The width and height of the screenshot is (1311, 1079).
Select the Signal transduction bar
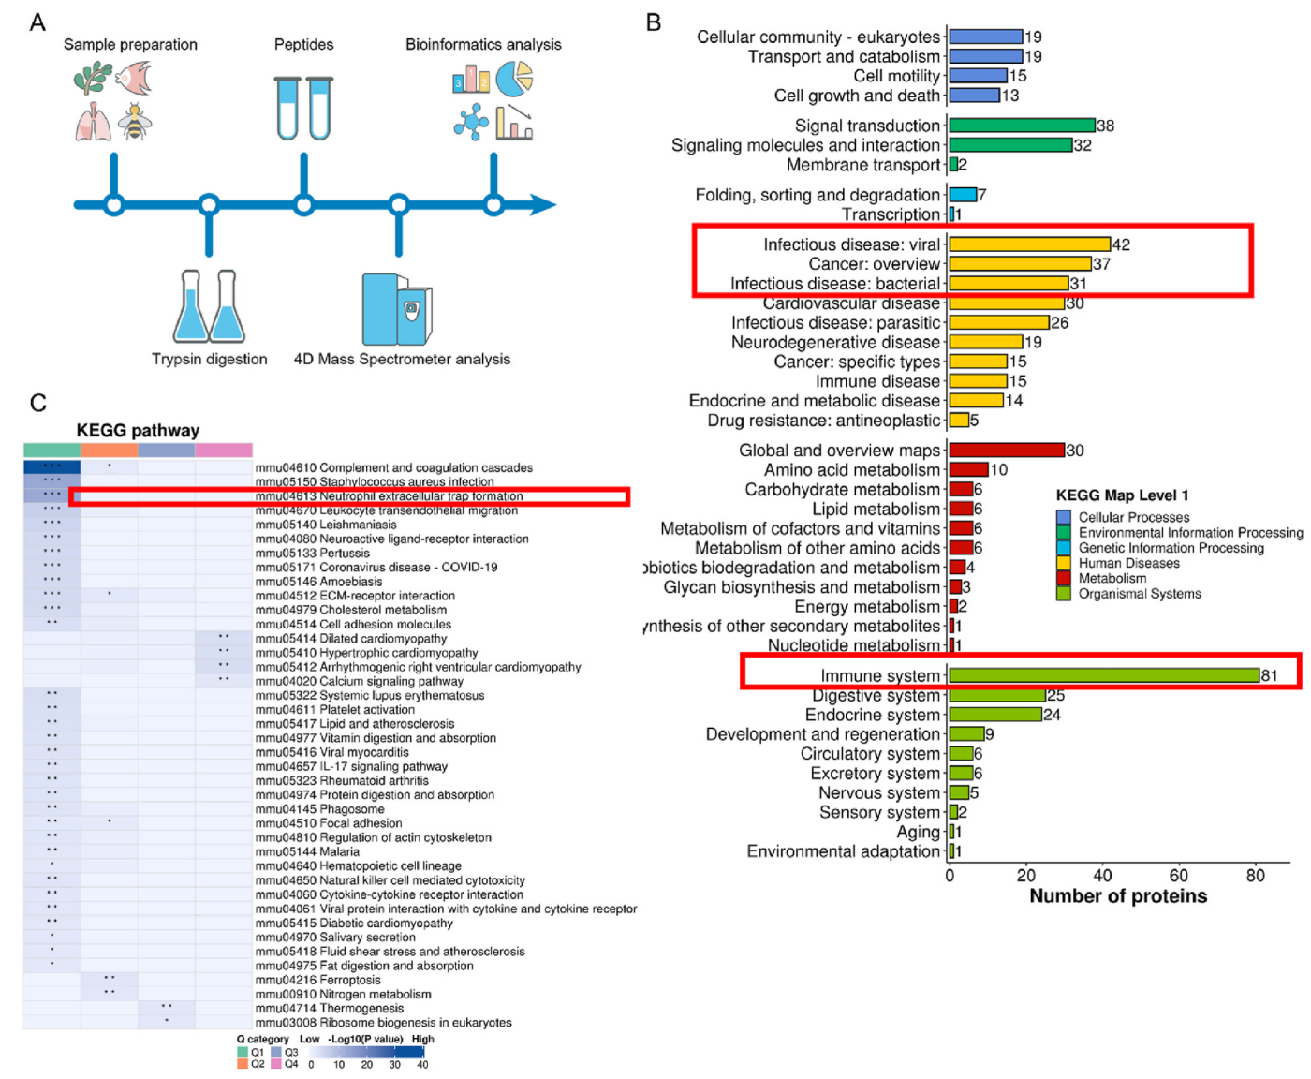point(1022,126)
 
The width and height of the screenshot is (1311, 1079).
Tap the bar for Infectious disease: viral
point(1029,244)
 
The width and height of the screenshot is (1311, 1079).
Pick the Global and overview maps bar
point(1007,451)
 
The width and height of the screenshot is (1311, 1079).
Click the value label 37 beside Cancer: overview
point(1101,264)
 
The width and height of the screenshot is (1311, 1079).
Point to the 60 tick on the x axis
point(1178,876)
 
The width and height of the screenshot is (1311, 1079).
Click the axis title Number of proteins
point(1118,896)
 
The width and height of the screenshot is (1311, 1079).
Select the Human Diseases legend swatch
point(1064,563)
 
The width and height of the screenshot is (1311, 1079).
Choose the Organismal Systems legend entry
point(1139,594)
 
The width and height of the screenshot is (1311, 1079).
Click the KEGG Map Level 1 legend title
point(1122,495)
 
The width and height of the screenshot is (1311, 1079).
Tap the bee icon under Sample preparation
point(136,123)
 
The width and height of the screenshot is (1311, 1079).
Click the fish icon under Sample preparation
point(135,78)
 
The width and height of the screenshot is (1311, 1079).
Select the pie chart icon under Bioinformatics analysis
point(514,79)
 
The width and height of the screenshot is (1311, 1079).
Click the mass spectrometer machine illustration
point(397,309)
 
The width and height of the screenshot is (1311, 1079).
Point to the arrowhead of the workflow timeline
point(543,204)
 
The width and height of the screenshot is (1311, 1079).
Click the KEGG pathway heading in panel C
point(138,431)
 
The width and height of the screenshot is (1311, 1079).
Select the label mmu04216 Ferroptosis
point(318,980)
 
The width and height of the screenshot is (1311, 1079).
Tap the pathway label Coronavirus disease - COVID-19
point(376,567)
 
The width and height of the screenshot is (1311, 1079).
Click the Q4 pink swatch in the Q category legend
point(276,1064)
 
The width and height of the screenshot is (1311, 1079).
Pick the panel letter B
point(654,22)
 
